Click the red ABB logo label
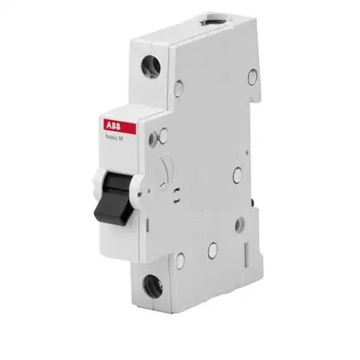pos(119,127)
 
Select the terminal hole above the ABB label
pos(151,67)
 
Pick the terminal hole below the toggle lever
pos(153,286)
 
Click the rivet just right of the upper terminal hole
pos(178,89)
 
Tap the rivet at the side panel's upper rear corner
pos(253,77)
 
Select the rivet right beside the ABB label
pos(163,136)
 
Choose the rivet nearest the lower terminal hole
pos(180,261)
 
